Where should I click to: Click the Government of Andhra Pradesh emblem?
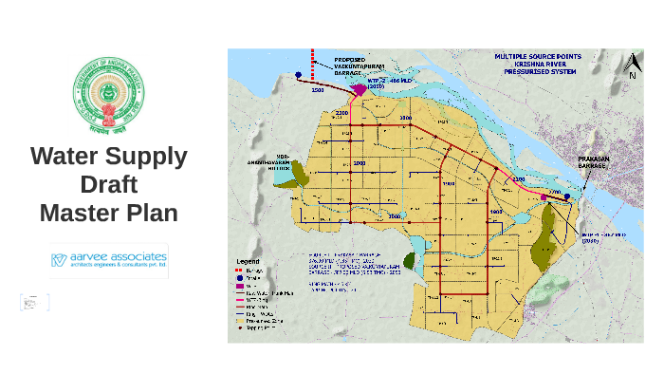click(x=109, y=96)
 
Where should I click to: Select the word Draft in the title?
click(x=108, y=184)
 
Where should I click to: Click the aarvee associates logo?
click(x=108, y=260)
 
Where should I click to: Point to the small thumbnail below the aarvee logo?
click(x=34, y=303)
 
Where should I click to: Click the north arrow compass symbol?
click(x=632, y=66)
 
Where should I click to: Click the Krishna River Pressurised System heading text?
click(x=538, y=64)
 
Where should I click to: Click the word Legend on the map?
click(x=248, y=261)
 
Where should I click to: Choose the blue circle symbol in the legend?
click(x=239, y=277)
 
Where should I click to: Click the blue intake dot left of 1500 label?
click(x=298, y=74)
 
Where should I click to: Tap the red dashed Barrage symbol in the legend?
click(x=239, y=270)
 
